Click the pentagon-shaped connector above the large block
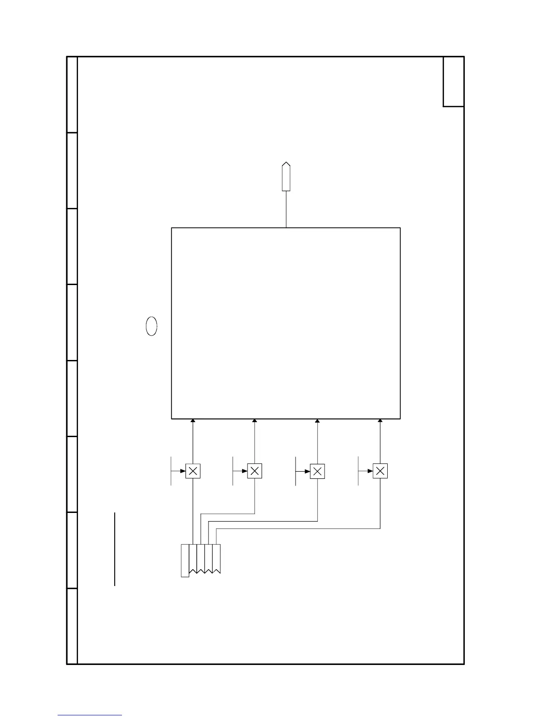(x=286, y=177)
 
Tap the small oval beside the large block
(x=151, y=326)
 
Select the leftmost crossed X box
(x=193, y=471)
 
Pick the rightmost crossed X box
(x=380, y=471)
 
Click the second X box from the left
(x=254, y=471)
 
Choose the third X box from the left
(x=317, y=471)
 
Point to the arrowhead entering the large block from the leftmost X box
(x=193, y=421)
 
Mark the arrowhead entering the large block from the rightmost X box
(x=380, y=421)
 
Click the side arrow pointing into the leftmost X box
(x=183, y=471)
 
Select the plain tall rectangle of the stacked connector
(x=185, y=560)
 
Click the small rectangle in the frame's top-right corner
(x=453, y=82)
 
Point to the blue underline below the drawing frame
(x=90, y=715)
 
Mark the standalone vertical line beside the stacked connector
(x=115, y=549)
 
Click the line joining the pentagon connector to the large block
(x=286, y=209)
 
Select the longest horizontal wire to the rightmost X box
(x=298, y=529)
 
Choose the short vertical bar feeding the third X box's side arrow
(x=296, y=471)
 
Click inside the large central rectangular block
(x=286, y=323)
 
